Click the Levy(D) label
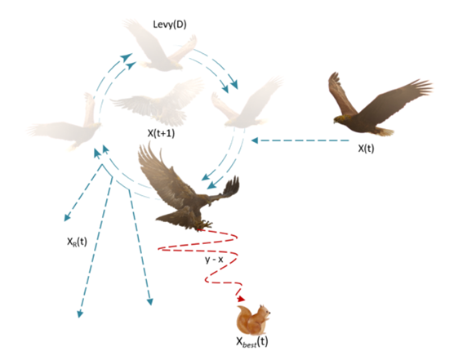pyautogui.click(x=170, y=24)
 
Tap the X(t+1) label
pyautogui.click(x=162, y=133)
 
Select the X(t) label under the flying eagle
pyautogui.click(x=366, y=149)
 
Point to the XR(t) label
pyautogui.click(x=77, y=242)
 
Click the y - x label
pyautogui.click(x=214, y=260)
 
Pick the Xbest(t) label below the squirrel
pyautogui.click(x=251, y=342)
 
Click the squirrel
pyautogui.click(x=253, y=320)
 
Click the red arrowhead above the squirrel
pyautogui.click(x=241, y=299)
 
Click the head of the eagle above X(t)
pyautogui.click(x=340, y=118)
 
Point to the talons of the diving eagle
pyautogui.click(x=204, y=224)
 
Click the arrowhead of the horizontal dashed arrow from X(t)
pyautogui.click(x=255, y=140)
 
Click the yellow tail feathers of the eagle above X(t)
pyautogui.click(x=386, y=132)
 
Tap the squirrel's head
pyautogui.click(x=265, y=311)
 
